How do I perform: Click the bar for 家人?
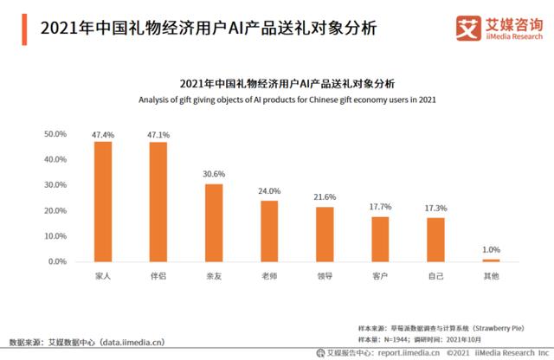(103, 201)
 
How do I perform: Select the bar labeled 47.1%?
(158, 202)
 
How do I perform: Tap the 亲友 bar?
(214, 222)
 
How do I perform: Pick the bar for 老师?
(269, 231)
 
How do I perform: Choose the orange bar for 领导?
(325, 234)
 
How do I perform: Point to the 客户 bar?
(380, 239)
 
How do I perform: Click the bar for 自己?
(435, 240)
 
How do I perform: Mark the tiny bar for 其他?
(491, 260)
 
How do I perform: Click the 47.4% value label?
(103, 135)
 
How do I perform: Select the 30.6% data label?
(214, 177)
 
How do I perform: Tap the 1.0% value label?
(491, 250)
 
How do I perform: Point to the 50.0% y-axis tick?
(55, 134)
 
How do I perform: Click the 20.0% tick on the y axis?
(55, 210)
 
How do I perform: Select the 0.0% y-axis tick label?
(57, 261)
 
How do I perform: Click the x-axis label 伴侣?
(158, 277)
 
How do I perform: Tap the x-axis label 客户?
(380, 277)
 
